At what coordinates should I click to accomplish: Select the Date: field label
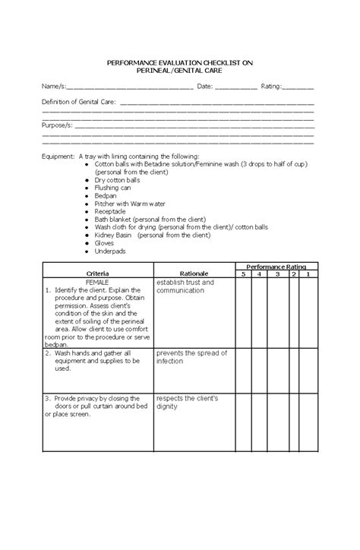pos(204,87)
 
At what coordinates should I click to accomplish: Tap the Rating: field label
pos(272,87)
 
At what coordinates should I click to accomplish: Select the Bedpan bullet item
pos(106,195)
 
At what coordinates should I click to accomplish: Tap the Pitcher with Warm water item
pos(129,204)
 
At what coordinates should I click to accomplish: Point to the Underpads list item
pos(110,251)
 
